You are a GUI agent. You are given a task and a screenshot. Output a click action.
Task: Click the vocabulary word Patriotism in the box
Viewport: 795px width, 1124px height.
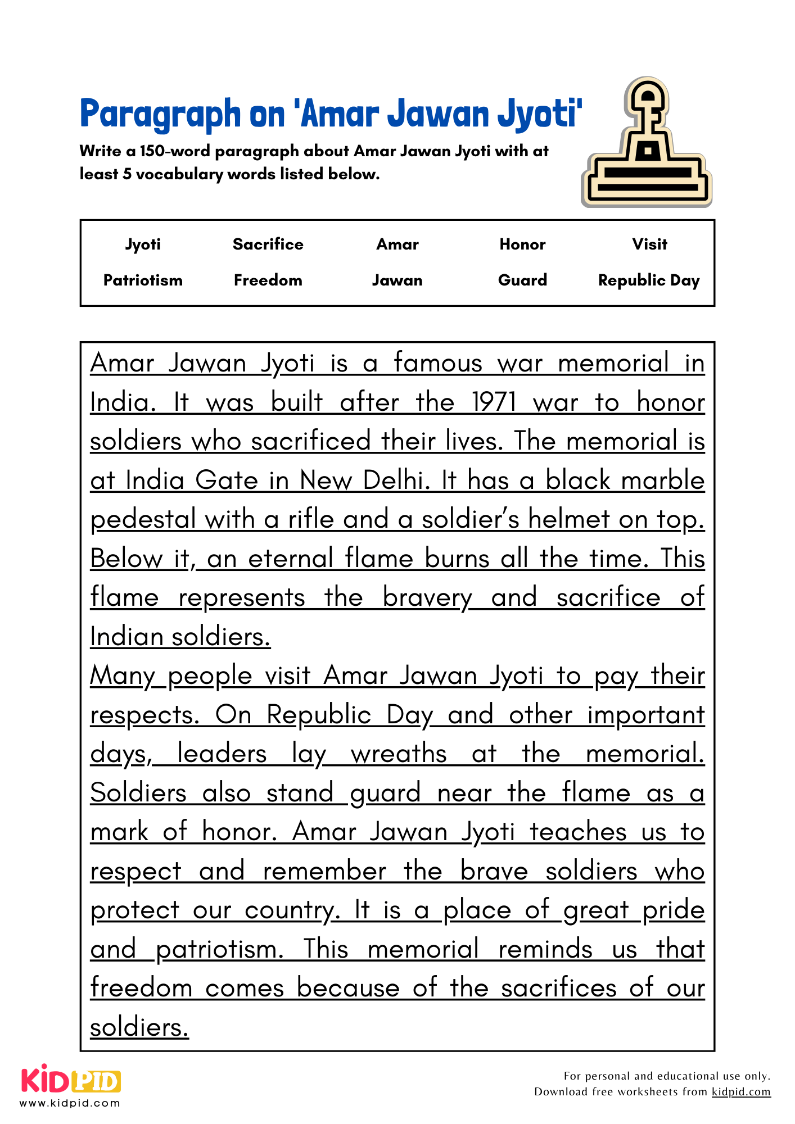[143, 280]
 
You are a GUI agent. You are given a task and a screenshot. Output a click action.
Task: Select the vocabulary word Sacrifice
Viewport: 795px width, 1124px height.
[268, 244]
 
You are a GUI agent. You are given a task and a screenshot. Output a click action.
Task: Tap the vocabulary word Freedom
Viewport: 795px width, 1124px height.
[268, 280]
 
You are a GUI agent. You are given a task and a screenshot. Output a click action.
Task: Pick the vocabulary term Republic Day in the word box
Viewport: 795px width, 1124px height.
[648, 280]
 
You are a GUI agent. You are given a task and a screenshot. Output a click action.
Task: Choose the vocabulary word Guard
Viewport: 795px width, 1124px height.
[522, 280]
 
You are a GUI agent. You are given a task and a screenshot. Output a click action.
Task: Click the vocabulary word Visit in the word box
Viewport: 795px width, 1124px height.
[649, 244]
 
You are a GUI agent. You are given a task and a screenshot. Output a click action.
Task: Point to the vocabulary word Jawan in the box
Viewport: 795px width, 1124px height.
[397, 280]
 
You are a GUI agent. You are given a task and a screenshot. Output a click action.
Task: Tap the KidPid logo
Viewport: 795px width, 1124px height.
[71, 1080]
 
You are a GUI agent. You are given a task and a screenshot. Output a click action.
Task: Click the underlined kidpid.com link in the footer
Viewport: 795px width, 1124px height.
[740, 1091]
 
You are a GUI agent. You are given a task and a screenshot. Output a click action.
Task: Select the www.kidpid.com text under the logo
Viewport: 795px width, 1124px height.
[70, 1103]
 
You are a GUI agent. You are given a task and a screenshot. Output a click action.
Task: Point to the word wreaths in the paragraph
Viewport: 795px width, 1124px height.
[399, 754]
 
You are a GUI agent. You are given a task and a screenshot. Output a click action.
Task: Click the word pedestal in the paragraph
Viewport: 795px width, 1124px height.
[143, 520]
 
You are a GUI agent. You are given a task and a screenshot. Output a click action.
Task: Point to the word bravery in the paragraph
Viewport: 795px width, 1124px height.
[427, 598]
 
